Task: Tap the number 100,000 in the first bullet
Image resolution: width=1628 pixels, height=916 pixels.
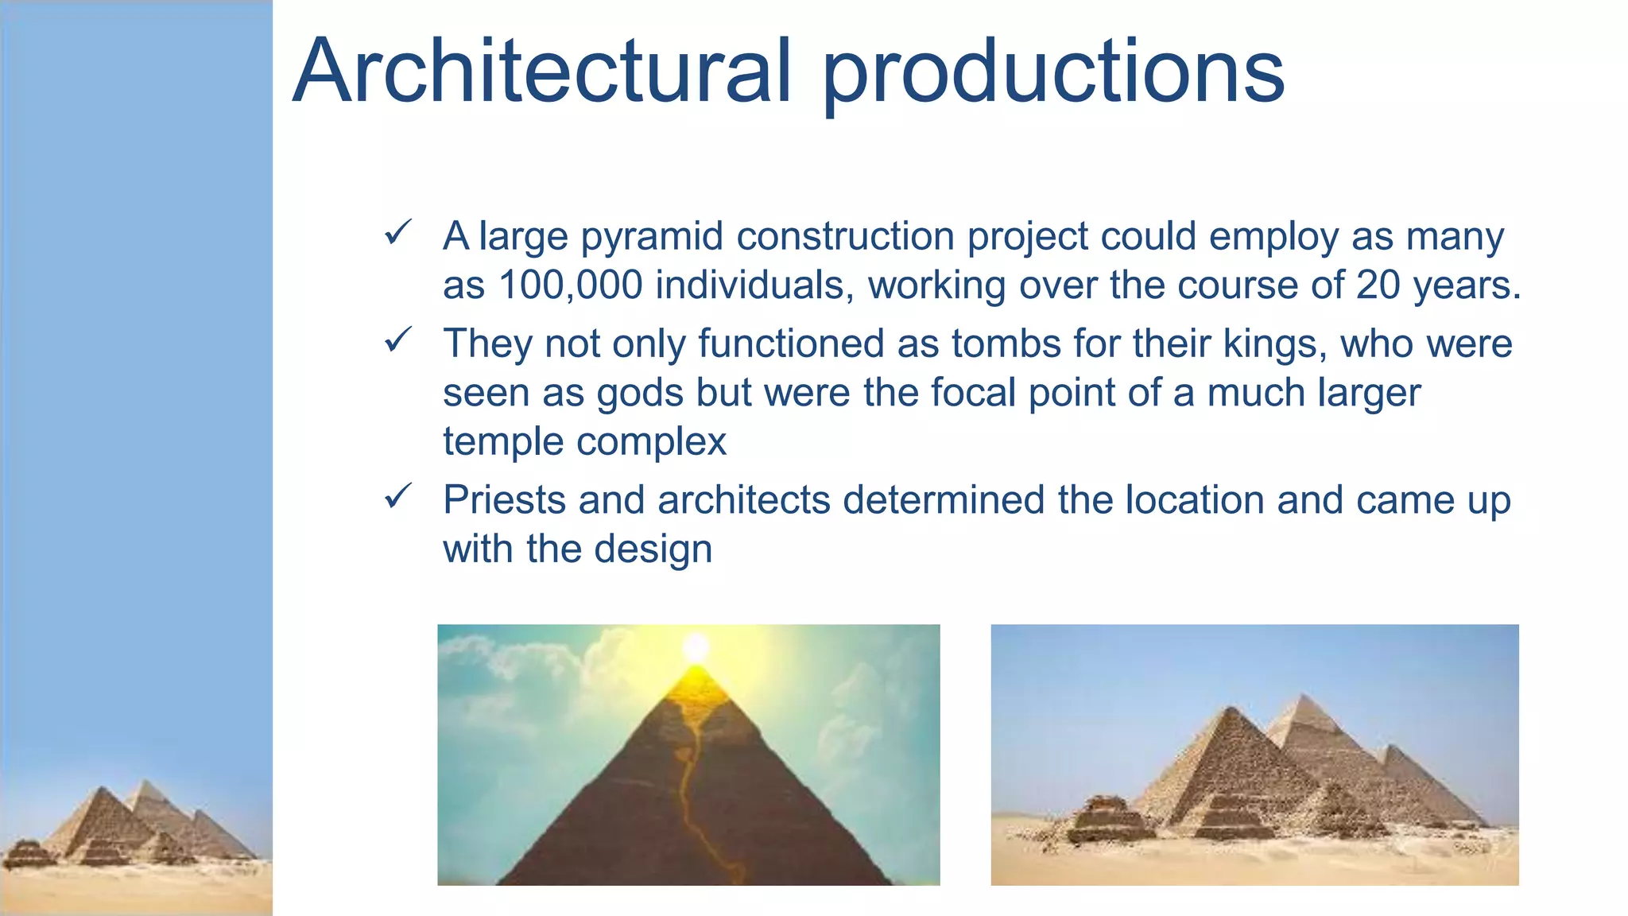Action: tap(570, 285)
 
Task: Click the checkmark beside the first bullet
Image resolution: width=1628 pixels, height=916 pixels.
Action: tap(397, 233)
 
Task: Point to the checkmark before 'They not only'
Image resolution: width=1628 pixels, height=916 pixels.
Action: tap(397, 340)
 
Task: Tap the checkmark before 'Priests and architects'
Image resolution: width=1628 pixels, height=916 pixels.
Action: tap(397, 497)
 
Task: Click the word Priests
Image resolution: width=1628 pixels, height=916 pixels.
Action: tap(503, 500)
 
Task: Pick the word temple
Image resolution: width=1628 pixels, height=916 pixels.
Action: tap(503, 441)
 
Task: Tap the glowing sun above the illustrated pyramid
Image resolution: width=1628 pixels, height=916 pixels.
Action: tap(696, 646)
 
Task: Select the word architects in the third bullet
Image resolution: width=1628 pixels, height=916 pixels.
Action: tap(744, 500)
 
